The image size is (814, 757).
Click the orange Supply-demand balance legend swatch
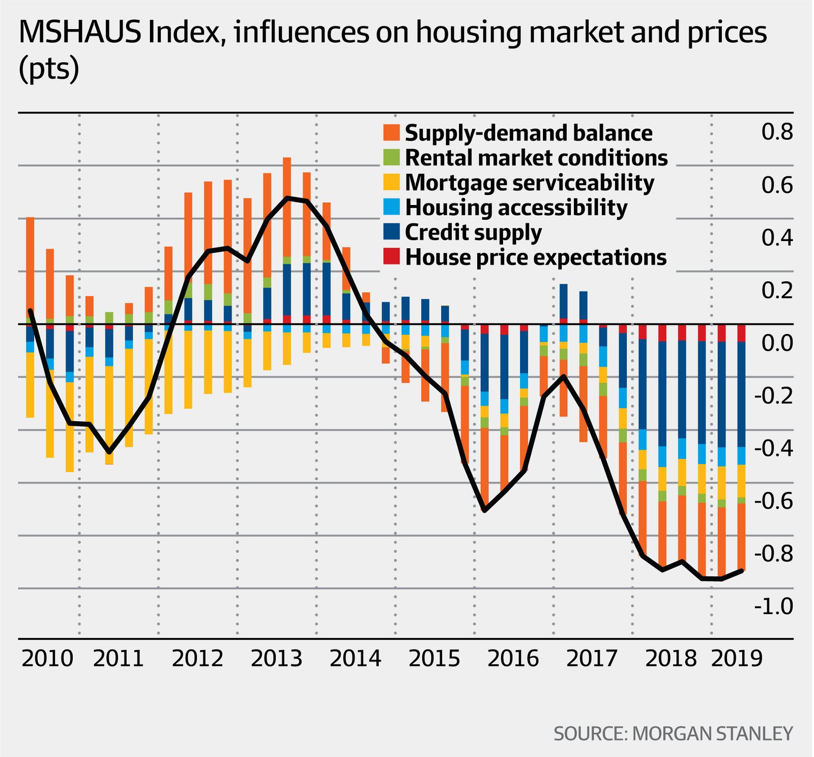tap(391, 133)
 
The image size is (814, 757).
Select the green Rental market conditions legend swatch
tap(391, 158)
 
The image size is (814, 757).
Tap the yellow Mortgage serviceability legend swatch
tap(391, 182)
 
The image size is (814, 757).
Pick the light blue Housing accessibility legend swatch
tap(391, 207)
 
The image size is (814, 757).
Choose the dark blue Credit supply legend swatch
tap(391, 232)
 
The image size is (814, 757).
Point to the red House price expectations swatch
tap(391, 257)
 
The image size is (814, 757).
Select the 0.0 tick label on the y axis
tap(777, 343)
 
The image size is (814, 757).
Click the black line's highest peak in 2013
tap(287, 197)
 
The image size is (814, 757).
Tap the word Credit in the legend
tap(435, 232)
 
